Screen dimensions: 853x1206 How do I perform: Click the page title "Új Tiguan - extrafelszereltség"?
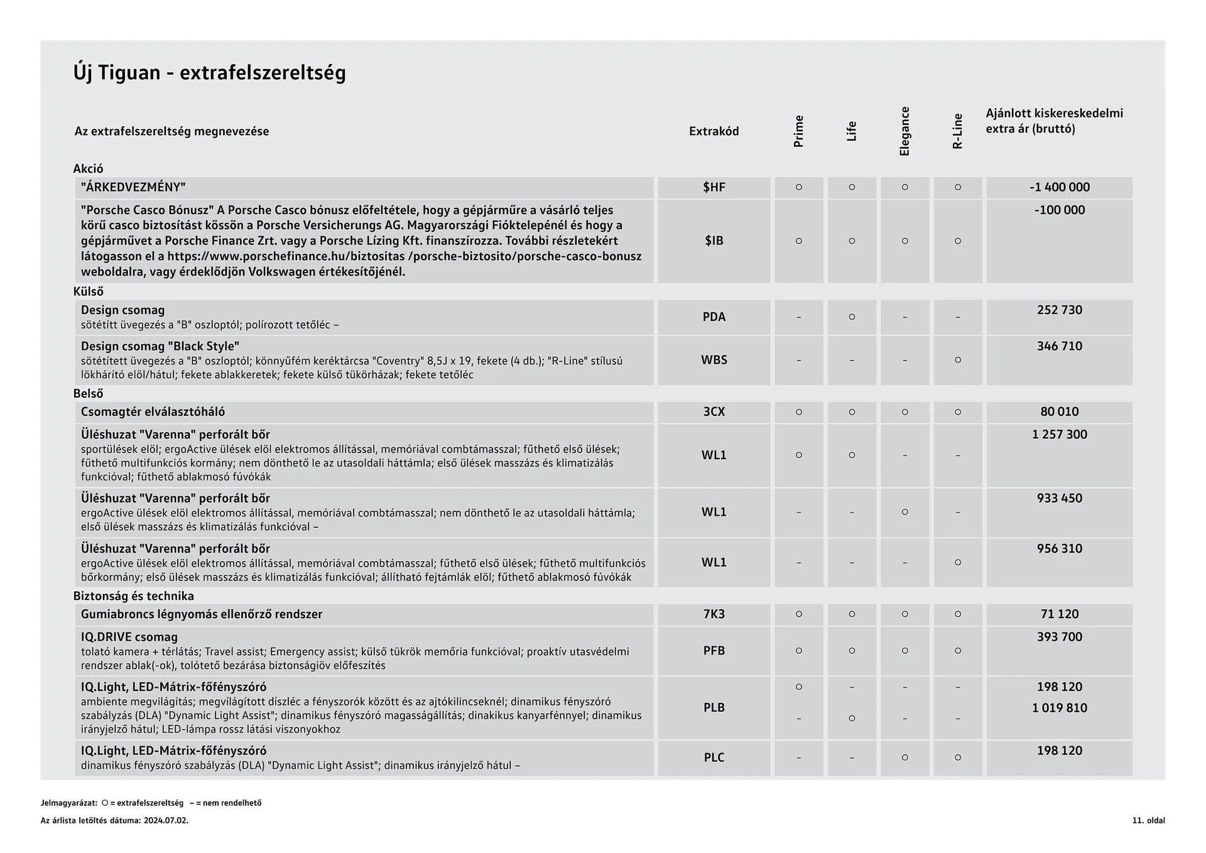(x=209, y=73)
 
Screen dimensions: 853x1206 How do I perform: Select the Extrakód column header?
(x=714, y=131)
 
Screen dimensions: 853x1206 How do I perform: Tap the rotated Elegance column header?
(x=905, y=131)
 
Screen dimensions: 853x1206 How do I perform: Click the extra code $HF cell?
(x=714, y=187)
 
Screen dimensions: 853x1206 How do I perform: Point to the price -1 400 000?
(x=1059, y=187)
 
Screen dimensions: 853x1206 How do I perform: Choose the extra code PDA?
(x=714, y=317)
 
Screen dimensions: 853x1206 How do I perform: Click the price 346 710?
(x=1059, y=346)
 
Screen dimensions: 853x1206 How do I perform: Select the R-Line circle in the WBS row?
(x=957, y=360)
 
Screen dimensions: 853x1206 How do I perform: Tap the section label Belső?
(x=88, y=394)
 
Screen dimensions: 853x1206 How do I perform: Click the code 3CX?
(x=714, y=412)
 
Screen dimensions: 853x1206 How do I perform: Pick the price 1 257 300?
(x=1059, y=435)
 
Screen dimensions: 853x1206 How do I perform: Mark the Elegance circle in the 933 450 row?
(x=905, y=512)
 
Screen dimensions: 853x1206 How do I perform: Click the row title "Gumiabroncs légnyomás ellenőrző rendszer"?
(x=201, y=614)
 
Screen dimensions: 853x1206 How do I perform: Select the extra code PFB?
(x=714, y=651)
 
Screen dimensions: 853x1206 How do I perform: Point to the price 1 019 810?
(x=1059, y=708)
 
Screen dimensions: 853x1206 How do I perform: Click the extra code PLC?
(x=714, y=758)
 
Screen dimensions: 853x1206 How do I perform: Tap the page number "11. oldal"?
(x=1148, y=820)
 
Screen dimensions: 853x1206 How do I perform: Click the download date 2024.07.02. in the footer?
(x=166, y=820)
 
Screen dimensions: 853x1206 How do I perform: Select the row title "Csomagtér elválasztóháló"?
(x=153, y=412)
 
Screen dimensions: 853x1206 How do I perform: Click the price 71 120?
(x=1059, y=614)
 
